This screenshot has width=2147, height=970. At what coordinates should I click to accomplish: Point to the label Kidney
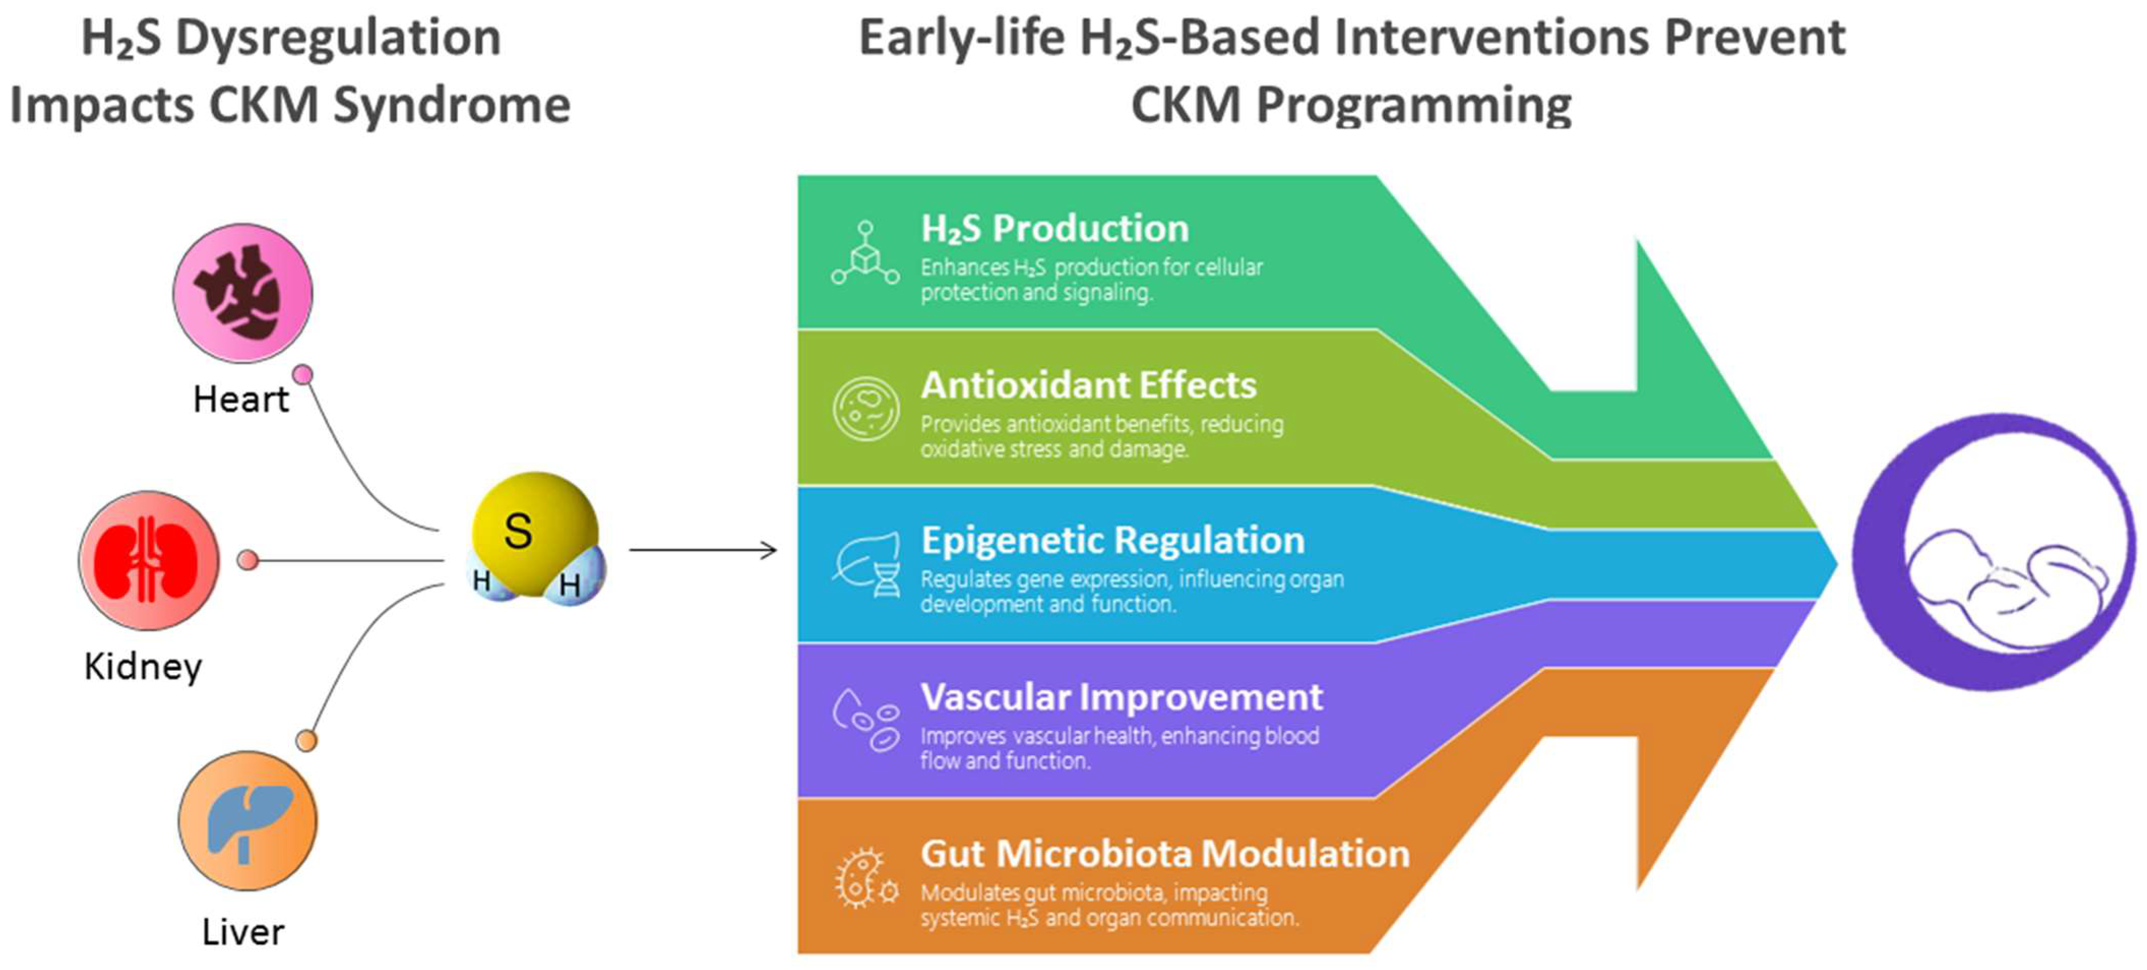(143, 667)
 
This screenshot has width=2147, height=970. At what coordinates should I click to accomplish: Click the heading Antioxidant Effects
(1089, 385)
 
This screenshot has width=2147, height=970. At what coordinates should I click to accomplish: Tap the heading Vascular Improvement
(1122, 697)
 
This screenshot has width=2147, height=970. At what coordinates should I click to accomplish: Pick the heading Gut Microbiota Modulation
(1165, 853)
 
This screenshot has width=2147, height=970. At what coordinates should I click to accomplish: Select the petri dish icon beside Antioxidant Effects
(866, 408)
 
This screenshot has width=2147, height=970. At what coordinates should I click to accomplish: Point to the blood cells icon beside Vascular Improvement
(866, 720)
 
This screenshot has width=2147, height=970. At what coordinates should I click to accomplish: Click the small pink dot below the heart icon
(303, 374)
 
